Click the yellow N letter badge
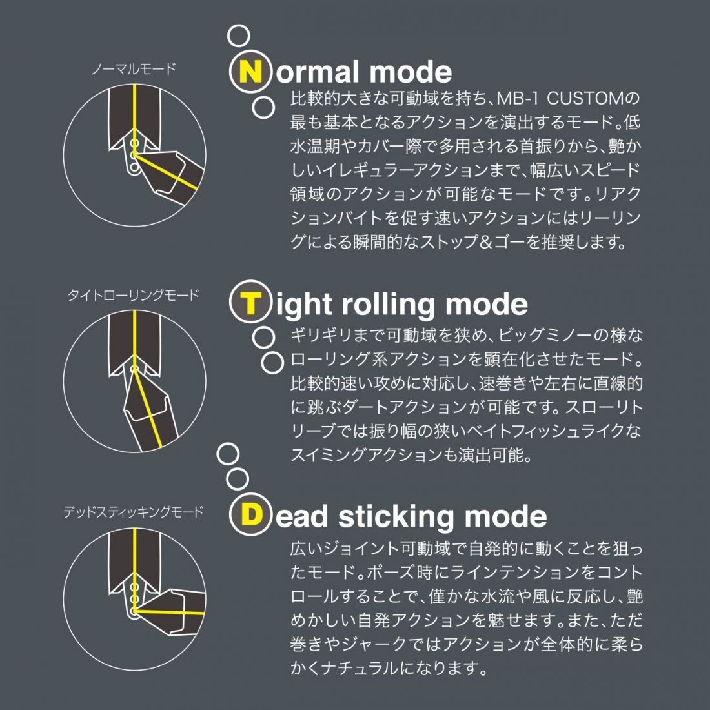[x=251, y=72]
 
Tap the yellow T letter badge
[x=251, y=301]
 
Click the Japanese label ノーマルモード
[x=133, y=69]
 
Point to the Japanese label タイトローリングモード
[x=133, y=295]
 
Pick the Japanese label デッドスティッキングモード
[x=133, y=512]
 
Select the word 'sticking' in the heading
[x=395, y=516]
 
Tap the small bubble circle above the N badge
[x=239, y=35]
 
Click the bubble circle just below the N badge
[x=263, y=108]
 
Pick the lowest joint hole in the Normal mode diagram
[x=134, y=168]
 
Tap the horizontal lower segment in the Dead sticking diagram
[x=170, y=611]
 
